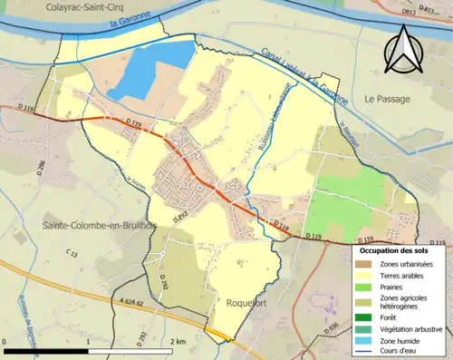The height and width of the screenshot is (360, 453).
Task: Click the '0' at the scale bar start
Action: [6, 340]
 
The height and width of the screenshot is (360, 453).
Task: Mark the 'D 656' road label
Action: [332, 327]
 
